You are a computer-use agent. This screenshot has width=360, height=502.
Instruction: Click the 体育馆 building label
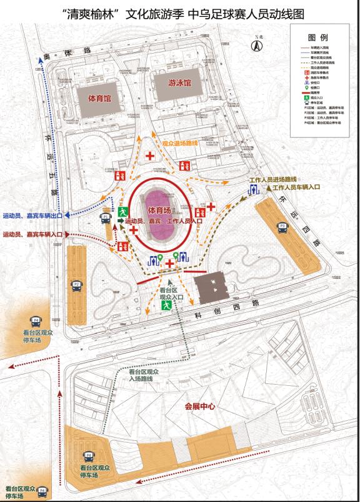[x=99, y=99]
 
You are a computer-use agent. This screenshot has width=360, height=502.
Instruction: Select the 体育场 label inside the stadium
[x=160, y=211]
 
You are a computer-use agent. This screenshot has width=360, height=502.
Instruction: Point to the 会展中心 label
[x=199, y=406]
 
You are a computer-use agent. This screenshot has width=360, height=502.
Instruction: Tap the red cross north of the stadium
[x=150, y=155]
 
